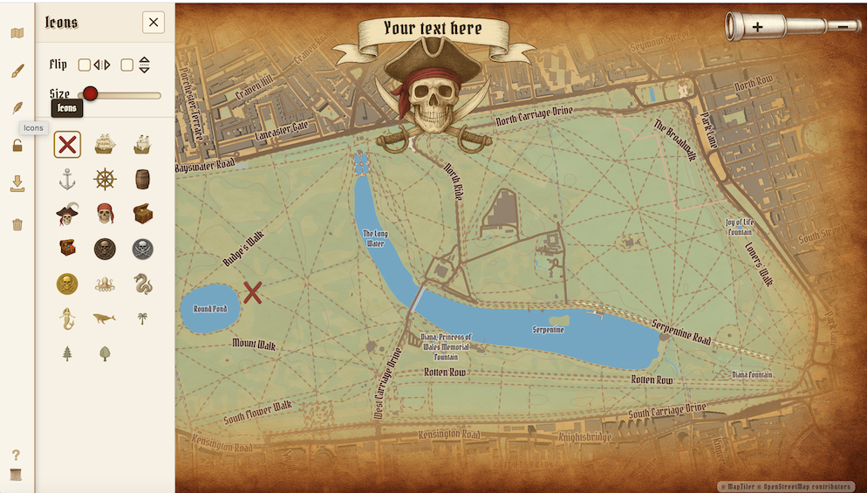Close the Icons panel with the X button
(154, 23)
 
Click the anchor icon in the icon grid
(67, 180)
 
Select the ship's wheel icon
(105, 180)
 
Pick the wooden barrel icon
(142, 180)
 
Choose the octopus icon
(105, 284)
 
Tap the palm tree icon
(142, 318)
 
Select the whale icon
(105, 318)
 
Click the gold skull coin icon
(67, 284)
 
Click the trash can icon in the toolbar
(17, 224)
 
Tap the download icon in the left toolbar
(17, 183)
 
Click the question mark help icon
(16, 455)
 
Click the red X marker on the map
(253, 292)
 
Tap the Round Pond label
(210, 309)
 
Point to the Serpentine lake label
(549, 330)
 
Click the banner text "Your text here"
(433, 29)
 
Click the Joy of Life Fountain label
(739, 227)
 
